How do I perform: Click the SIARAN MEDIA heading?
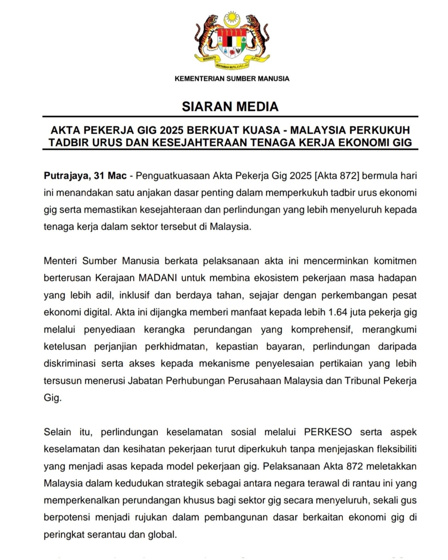pyautogui.click(x=230, y=106)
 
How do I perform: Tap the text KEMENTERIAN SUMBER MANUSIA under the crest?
pyautogui.click(x=232, y=79)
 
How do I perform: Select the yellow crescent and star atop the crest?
pyautogui.click(x=232, y=19)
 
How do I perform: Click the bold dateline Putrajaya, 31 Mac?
pyautogui.click(x=85, y=176)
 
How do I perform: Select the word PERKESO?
pyautogui.click(x=328, y=432)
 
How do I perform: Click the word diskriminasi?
pyautogui.click(x=69, y=363)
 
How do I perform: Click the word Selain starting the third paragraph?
pyautogui.click(x=57, y=432)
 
